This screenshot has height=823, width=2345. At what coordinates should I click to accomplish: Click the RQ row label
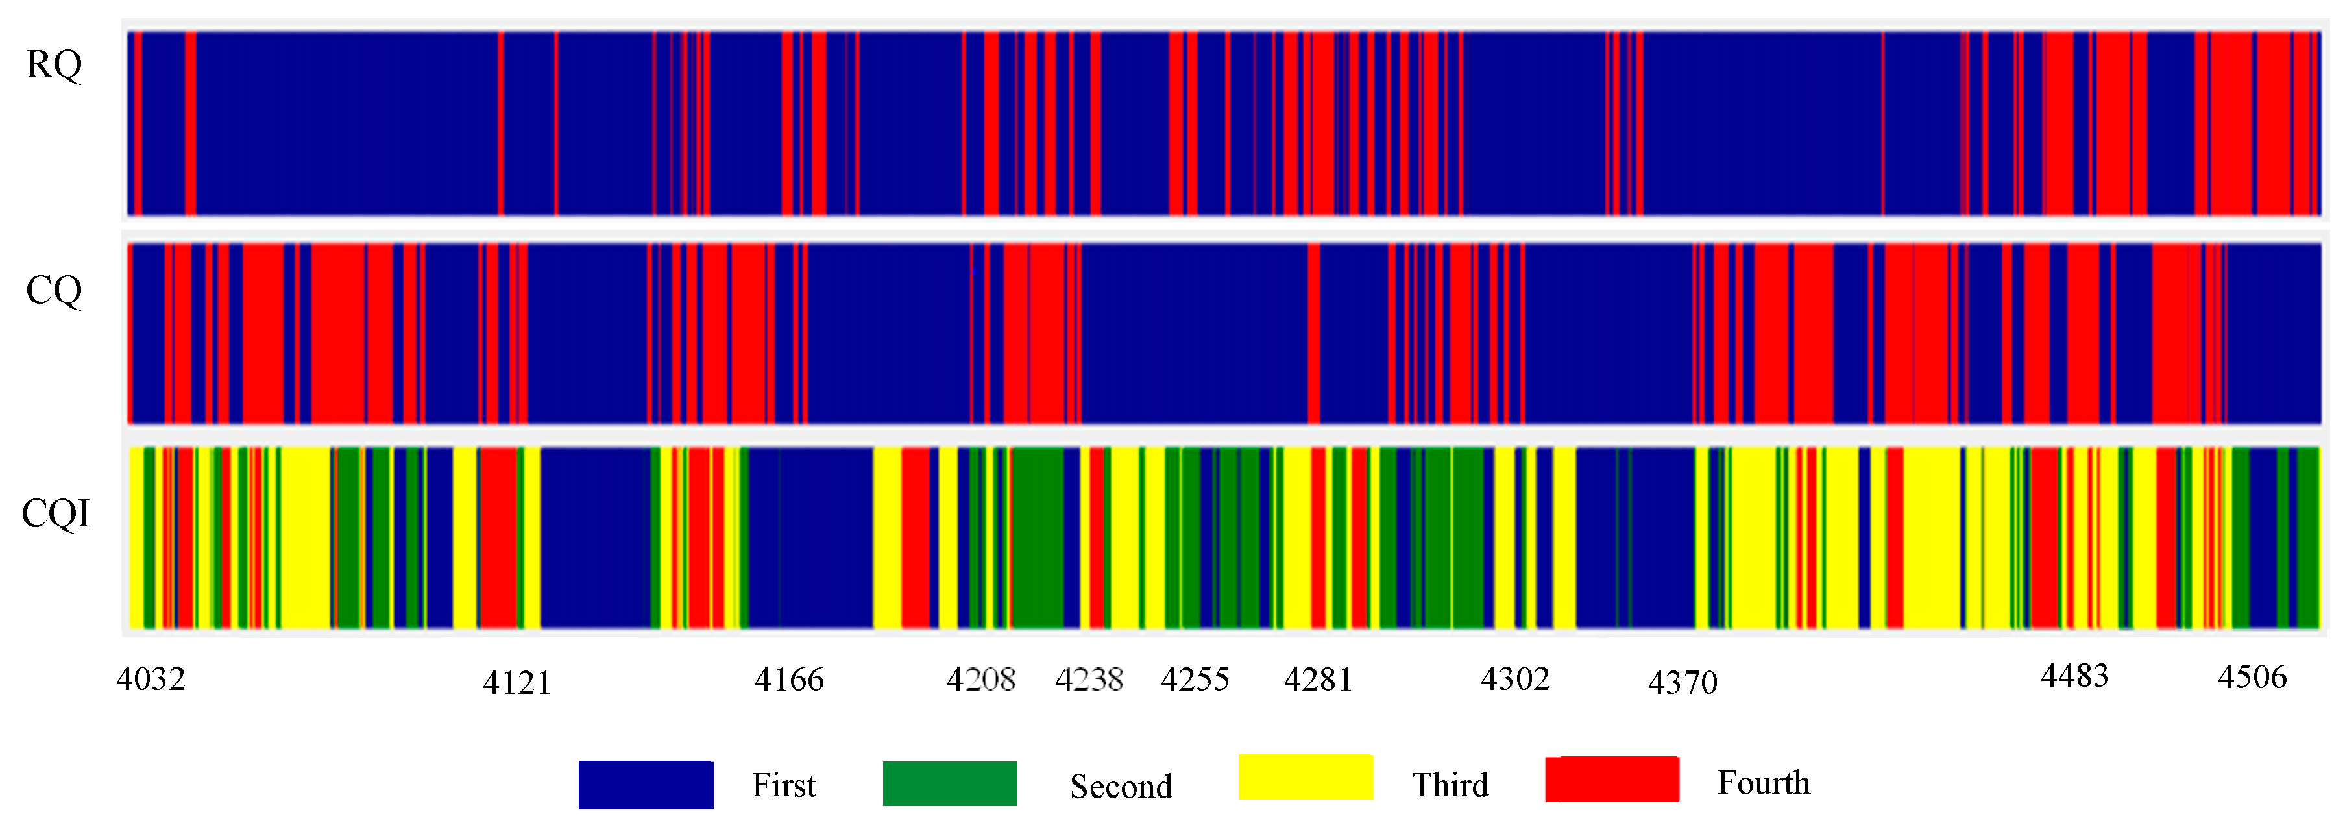pyautogui.click(x=54, y=66)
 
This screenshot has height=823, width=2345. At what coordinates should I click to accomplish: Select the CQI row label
pyautogui.click(x=56, y=514)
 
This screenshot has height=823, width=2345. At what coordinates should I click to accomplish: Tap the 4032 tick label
pyautogui.click(x=151, y=679)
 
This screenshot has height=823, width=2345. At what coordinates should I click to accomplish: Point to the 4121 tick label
pyautogui.click(x=517, y=683)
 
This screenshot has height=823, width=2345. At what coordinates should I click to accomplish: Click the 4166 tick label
pyautogui.click(x=789, y=679)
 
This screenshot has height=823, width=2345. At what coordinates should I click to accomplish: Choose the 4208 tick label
pyautogui.click(x=981, y=679)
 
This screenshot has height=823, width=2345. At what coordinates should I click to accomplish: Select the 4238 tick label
pyautogui.click(x=1089, y=679)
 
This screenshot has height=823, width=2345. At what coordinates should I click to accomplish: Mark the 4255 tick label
pyautogui.click(x=1195, y=679)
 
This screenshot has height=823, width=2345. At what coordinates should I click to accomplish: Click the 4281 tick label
pyautogui.click(x=1318, y=679)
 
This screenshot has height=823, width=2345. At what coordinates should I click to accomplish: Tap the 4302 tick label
pyautogui.click(x=1515, y=678)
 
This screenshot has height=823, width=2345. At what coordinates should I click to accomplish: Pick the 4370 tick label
pyautogui.click(x=1683, y=682)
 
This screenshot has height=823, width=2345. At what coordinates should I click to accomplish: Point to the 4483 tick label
pyautogui.click(x=2074, y=676)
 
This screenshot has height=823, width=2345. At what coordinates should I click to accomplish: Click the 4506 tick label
pyautogui.click(x=2252, y=676)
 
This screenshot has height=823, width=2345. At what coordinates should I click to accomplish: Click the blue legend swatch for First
pyautogui.click(x=646, y=785)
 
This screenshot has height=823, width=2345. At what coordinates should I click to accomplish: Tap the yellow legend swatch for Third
pyautogui.click(x=1306, y=778)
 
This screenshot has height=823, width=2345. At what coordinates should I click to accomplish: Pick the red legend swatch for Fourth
pyautogui.click(x=1612, y=780)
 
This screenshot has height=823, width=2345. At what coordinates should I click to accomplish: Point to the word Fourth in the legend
pyautogui.click(x=1764, y=783)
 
